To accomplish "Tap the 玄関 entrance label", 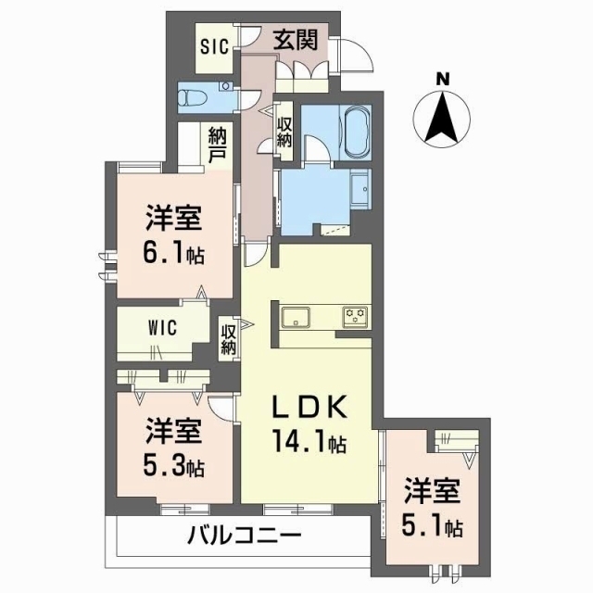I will click(x=296, y=40).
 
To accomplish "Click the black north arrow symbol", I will click(x=444, y=119).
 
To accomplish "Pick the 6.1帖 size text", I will click(x=174, y=254).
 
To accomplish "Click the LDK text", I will click(x=309, y=408).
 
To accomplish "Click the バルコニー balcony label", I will click(x=243, y=536).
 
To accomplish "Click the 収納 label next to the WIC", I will click(x=227, y=338).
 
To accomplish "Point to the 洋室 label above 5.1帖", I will click(x=433, y=489).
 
